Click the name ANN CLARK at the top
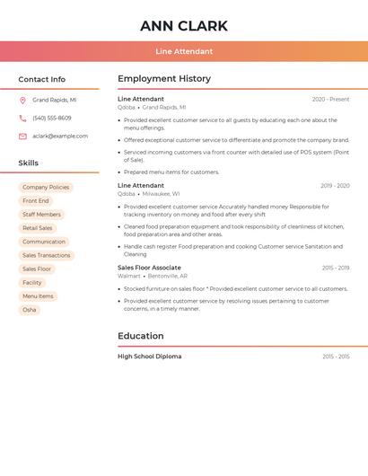point(183,25)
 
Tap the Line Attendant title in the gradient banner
point(183,51)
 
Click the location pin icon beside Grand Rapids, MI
point(22,101)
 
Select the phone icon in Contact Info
point(22,119)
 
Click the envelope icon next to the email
point(22,137)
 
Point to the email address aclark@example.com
point(60,137)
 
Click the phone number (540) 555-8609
point(52,119)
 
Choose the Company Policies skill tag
point(46,188)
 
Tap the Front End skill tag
point(36,201)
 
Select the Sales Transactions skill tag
point(46,255)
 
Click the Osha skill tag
point(30,310)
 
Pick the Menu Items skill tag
point(38,296)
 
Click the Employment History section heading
point(164,79)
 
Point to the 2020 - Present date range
point(330,99)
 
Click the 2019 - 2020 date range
point(335,186)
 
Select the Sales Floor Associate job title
point(149,268)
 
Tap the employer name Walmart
point(129,277)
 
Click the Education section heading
point(141,336)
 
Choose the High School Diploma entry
point(149,357)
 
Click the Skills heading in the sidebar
point(29,163)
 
